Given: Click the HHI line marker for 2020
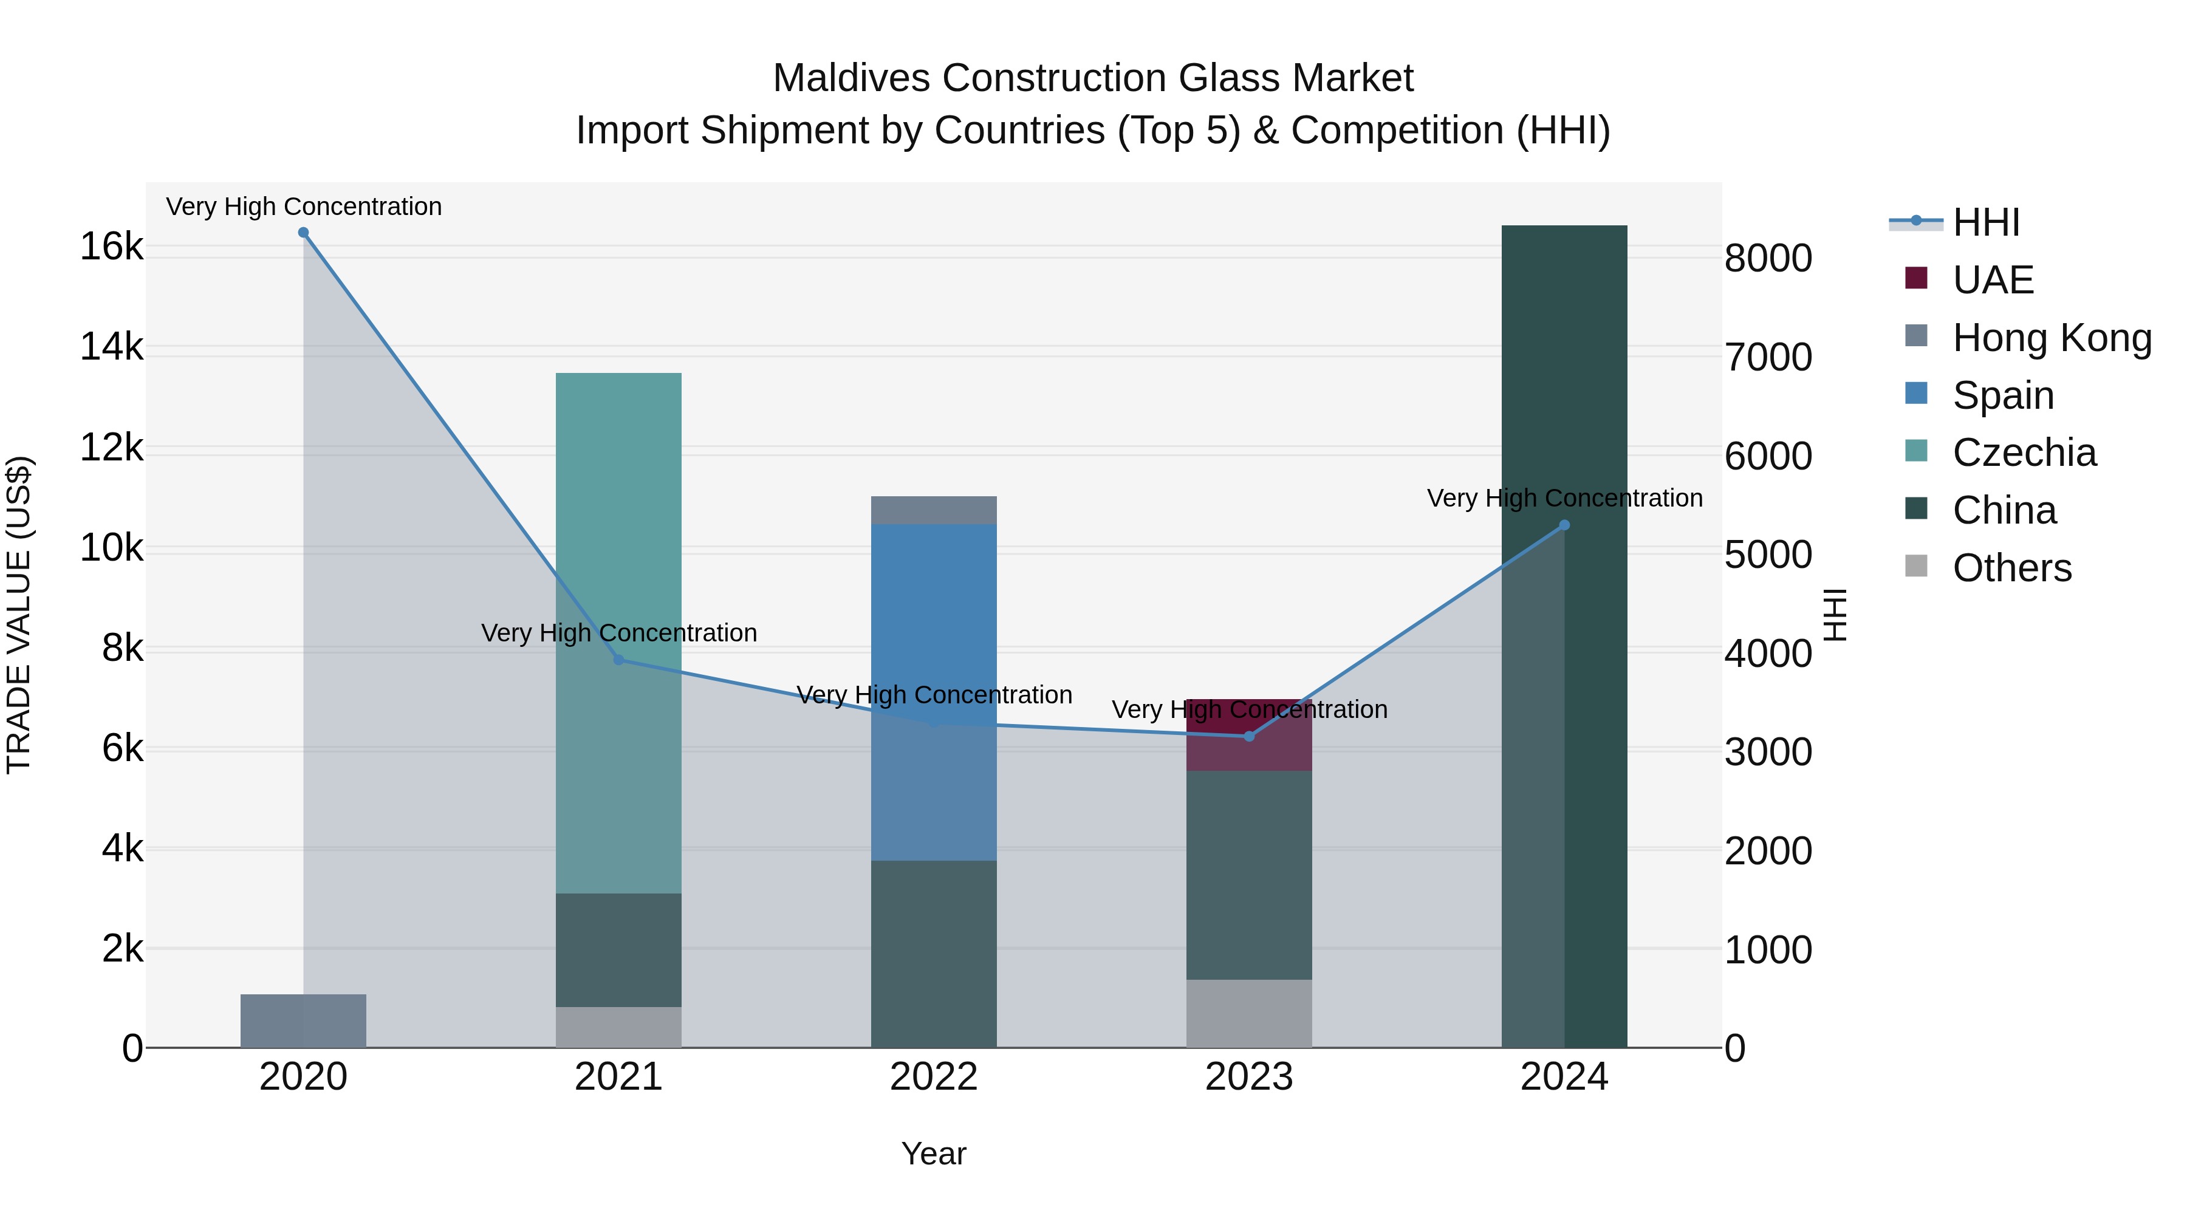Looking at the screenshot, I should (x=303, y=233).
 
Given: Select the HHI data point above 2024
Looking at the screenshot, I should (x=1565, y=525).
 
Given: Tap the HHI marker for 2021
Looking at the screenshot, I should (x=619, y=660).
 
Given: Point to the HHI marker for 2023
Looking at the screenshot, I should (x=1249, y=736).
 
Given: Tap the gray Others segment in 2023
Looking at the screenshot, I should (x=1249, y=1014).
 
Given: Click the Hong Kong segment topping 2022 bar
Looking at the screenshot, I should (x=934, y=510).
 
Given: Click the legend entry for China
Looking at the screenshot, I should (x=2004, y=511).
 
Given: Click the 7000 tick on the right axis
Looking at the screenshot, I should (x=1768, y=357).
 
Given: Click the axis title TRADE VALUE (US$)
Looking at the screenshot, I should (x=19, y=615).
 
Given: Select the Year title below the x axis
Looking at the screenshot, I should (x=934, y=1153).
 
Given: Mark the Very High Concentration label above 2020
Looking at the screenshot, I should (x=304, y=207).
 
